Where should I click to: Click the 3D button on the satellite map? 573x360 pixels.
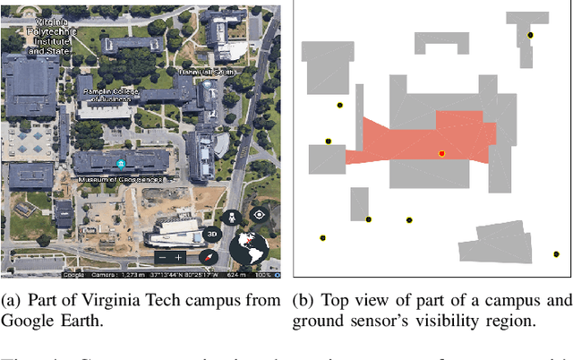pos(213,235)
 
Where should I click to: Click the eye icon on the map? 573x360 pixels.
pos(259,214)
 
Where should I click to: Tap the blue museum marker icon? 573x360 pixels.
pos(121,164)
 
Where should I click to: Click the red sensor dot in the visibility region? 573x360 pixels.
pos(441,154)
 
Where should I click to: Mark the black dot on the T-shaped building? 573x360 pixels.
pos(530,36)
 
